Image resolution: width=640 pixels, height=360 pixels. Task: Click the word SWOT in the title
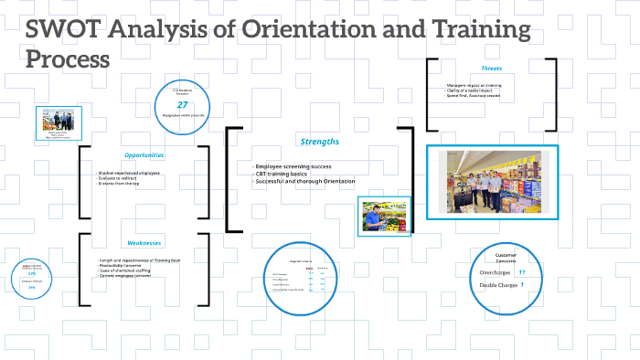(x=58, y=30)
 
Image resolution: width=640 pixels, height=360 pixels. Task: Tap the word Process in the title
(x=68, y=58)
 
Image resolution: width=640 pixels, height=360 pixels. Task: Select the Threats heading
(x=491, y=69)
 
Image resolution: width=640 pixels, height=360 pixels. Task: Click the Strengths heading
(x=319, y=142)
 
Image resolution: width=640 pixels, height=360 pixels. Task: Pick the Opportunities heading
(x=144, y=154)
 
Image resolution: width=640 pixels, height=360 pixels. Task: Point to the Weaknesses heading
(x=144, y=243)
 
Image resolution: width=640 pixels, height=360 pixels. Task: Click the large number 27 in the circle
(x=182, y=105)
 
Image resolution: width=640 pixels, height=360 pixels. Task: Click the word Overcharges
(x=489, y=273)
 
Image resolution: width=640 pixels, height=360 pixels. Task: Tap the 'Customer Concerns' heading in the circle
(x=506, y=259)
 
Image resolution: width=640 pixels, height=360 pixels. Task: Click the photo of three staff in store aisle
(x=492, y=183)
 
